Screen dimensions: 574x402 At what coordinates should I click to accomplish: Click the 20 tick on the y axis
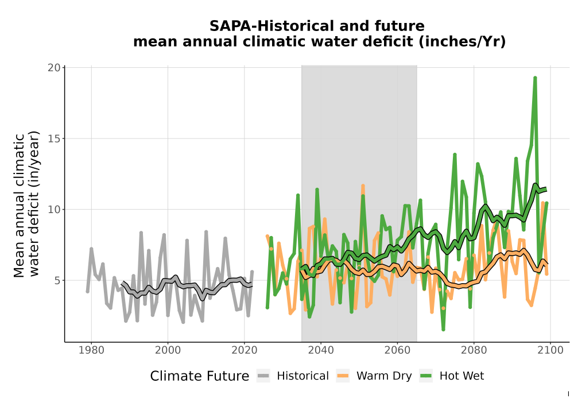[x=54, y=68]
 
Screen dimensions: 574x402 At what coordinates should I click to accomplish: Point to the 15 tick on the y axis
[x=54, y=139]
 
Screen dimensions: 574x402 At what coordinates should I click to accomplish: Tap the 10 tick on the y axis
[x=54, y=210]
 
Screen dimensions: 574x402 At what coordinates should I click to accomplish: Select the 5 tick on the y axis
[x=57, y=281]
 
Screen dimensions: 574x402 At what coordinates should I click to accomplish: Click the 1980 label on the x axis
[x=91, y=350]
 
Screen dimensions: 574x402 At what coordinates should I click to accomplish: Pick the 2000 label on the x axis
[x=168, y=350]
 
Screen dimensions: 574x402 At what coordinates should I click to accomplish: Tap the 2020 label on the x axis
[x=244, y=350]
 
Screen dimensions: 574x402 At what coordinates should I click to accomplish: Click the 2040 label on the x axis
[x=321, y=350]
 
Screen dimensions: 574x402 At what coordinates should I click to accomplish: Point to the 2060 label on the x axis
[x=397, y=350]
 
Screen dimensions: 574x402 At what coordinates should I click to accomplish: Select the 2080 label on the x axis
[x=474, y=350]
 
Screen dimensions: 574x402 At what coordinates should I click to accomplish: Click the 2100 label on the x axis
[x=550, y=350]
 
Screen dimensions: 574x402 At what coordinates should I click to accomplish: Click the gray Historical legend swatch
[x=263, y=376]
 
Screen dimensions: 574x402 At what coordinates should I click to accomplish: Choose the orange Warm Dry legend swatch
[x=343, y=376]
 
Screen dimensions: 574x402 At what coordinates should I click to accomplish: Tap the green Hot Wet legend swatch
[x=426, y=376]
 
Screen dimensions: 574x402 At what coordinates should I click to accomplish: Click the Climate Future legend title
[x=200, y=376]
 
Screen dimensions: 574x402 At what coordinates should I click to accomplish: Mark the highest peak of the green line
[x=535, y=78]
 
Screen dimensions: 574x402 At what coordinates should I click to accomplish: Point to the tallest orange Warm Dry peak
[x=363, y=186]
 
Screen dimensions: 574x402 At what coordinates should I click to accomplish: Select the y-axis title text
[x=26, y=204]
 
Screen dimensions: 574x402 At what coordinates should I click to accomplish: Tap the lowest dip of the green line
[x=443, y=330]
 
